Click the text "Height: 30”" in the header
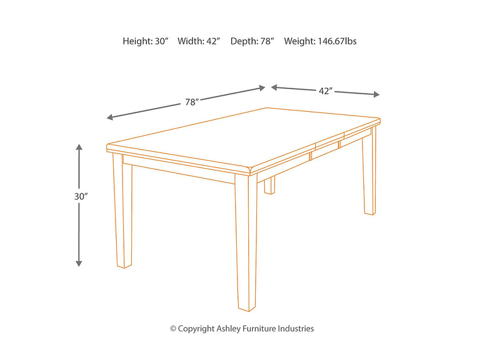145,41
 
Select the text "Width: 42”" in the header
198,41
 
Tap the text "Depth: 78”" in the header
252,41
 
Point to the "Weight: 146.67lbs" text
320,41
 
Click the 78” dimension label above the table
192,102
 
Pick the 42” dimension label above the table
325,91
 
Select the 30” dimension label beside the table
80,196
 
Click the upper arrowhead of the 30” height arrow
79,148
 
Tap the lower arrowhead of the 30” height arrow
79,262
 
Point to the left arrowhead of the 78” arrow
111,117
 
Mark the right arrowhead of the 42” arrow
376,95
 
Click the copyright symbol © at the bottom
173,328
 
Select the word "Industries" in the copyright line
296,328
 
